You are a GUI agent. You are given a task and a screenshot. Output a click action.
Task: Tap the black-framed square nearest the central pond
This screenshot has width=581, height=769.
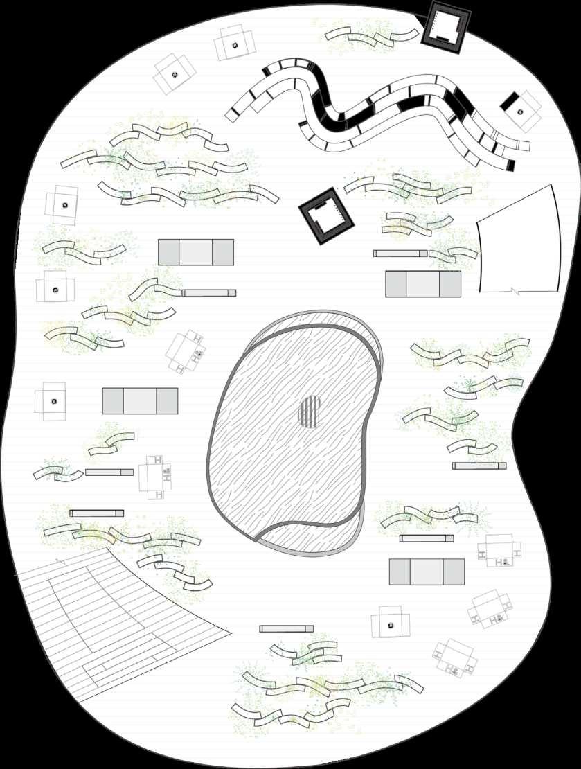pyautogui.click(x=326, y=218)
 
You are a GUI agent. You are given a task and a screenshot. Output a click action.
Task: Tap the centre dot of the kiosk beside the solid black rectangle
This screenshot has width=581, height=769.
pyautogui.click(x=524, y=112)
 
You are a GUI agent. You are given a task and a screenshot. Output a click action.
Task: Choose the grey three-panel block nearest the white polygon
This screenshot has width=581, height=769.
pyautogui.click(x=423, y=284)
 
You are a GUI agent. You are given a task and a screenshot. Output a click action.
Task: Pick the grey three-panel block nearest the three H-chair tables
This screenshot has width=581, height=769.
pyautogui.click(x=427, y=572)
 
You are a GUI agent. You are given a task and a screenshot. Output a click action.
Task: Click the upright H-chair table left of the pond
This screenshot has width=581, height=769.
pyautogui.click(x=157, y=477)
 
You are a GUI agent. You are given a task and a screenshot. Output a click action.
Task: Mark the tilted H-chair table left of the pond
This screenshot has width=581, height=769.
pyautogui.click(x=188, y=351)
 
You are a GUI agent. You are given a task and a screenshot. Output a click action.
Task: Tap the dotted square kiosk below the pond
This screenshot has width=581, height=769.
pyautogui.click(x=391, y=623)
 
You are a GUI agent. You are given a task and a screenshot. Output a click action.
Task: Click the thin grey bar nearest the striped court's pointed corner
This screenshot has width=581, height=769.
pyautogui.click(x=286, y=628)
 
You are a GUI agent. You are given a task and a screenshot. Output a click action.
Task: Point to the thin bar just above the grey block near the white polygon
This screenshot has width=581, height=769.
pyautogui.click(x=400, y=254)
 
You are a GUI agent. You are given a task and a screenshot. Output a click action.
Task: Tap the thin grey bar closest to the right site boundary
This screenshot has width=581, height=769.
pyautogui.click(x=479, y=466)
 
